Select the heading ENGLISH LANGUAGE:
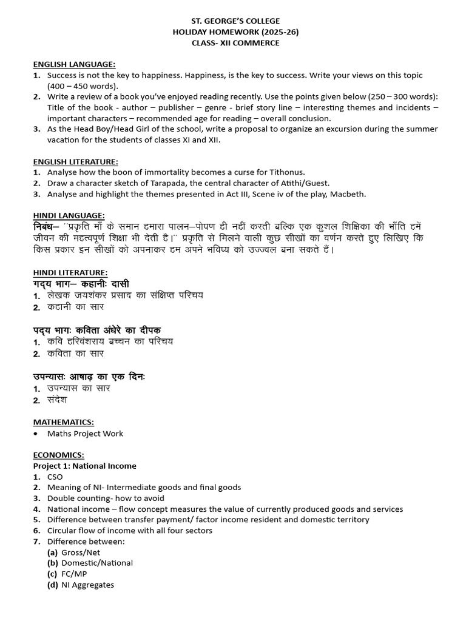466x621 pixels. (74, 64)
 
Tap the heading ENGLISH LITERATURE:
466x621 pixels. (75, 162)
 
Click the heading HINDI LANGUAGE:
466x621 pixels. (69, 215)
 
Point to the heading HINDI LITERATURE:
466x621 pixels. (70, 273)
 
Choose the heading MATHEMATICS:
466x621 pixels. (63, 422)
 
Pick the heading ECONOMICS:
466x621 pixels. (58, 455)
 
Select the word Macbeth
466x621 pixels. (348, 194)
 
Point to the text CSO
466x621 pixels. (55, 477)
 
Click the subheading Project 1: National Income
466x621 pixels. (84, 466)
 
